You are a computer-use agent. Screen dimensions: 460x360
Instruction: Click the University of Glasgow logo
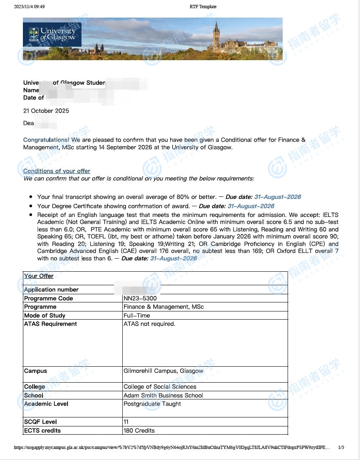pos(52,34)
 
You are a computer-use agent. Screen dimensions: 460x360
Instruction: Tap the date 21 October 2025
pos(46,111)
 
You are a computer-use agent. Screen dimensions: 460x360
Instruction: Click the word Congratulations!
pos(46,140)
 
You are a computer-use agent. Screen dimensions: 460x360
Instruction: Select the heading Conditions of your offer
pos(57,171)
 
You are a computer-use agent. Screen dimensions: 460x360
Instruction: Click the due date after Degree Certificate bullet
pos(251,206)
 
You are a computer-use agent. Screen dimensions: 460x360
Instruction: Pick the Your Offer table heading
pos(39,276)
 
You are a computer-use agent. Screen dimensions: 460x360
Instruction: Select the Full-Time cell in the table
pos(137,316)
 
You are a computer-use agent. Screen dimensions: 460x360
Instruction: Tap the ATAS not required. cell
pos(149,324)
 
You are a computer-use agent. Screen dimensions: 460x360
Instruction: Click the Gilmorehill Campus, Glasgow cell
pos(163,371)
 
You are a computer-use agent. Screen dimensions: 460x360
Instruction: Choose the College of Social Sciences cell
pos(160,387)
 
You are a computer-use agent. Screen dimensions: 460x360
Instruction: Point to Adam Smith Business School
pos(163,395)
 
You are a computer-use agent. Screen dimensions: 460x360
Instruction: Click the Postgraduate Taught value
pos(152,404)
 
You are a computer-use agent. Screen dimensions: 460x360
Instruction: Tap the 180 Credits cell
pos(139,431)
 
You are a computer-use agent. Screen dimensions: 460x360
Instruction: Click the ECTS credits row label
pos(43,431)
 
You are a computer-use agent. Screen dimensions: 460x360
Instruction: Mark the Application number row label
pos(52,290)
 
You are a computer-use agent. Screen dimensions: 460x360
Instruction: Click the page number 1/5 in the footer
pos(341,448)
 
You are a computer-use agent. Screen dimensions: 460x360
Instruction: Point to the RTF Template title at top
pos(203,7)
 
